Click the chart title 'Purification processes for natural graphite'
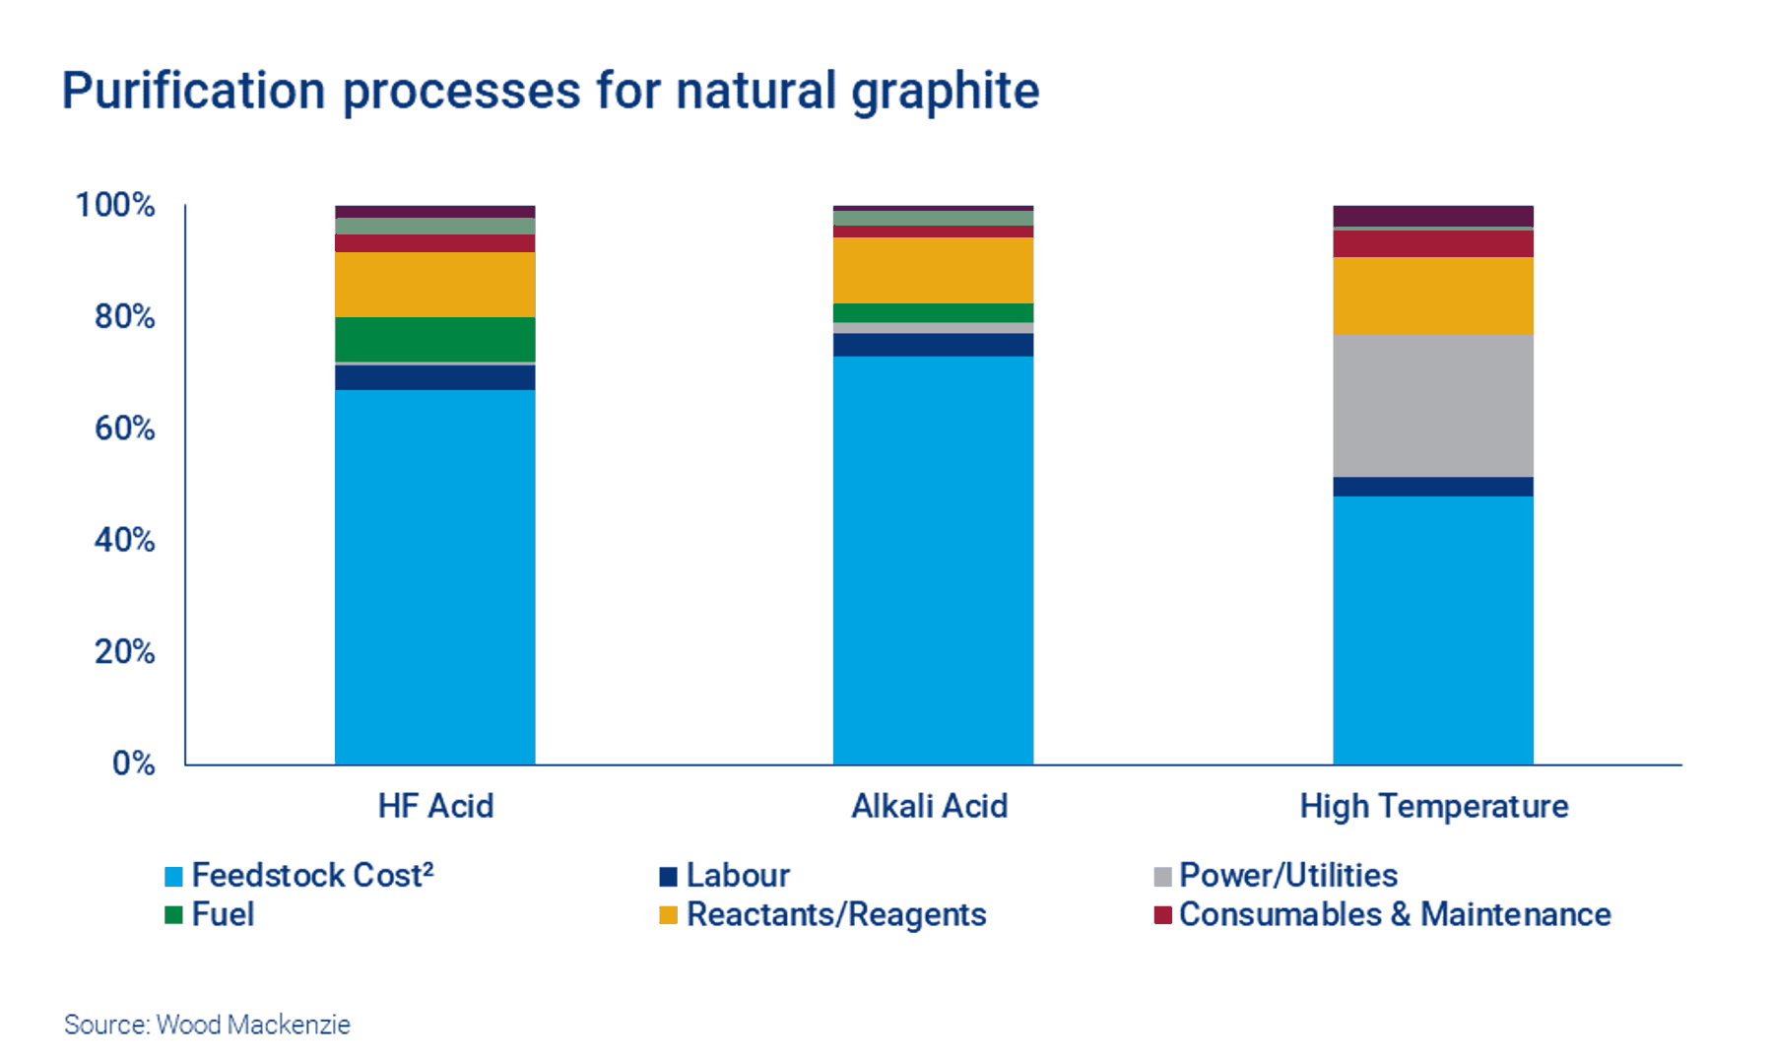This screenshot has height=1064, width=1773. [550, 91]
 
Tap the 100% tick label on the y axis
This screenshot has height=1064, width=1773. [115, 205]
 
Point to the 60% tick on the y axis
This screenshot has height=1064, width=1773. [124, 429]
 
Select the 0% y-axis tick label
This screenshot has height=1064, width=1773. [133, 764]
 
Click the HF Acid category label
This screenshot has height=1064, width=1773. [435, 806]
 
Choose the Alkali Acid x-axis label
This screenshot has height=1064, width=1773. [929, 806]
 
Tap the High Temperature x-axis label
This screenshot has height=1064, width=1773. [1433, 806]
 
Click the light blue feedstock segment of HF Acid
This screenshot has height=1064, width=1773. [435, 576]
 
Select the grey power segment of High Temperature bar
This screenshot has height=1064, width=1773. [1433, 405]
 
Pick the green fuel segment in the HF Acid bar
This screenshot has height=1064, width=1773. [435, 339]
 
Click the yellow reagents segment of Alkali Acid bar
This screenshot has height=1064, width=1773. [933, 270]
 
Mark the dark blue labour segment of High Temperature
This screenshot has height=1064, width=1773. [1433, 487]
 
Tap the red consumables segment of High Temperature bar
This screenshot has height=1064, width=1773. [1433, 243]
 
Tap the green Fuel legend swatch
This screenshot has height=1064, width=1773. [173, 915]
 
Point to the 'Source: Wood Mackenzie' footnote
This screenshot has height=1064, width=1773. [207, 1025]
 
